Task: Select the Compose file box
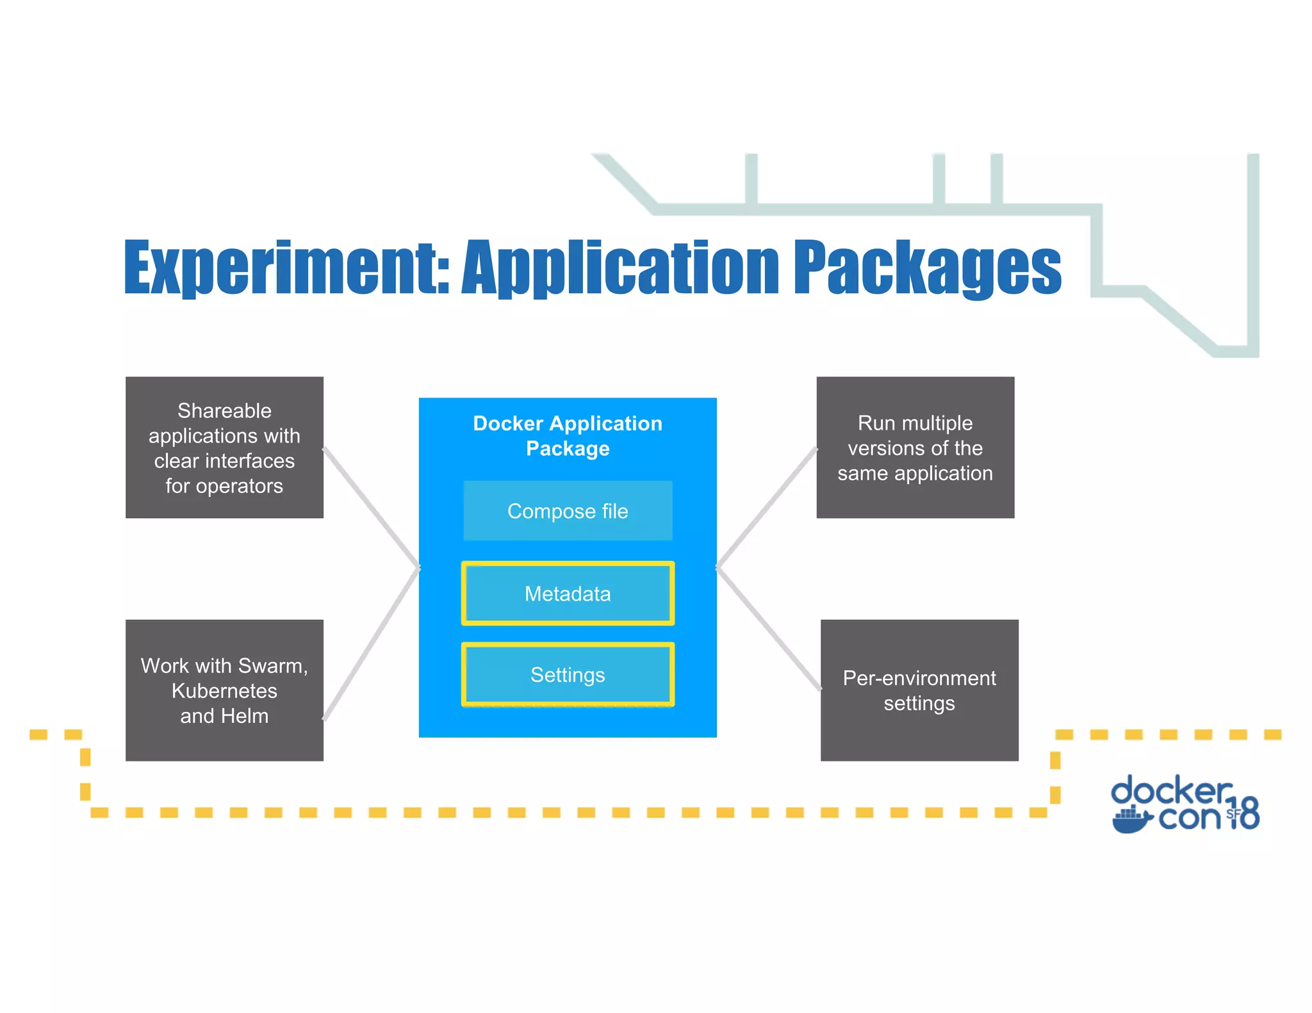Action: point(568,511)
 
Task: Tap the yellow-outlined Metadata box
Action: point(568,594)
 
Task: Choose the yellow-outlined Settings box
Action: point(568,675)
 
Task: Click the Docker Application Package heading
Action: point(568,435)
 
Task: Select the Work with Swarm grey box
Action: point(224,690)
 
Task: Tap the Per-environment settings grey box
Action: point(919,690)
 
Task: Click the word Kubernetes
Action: point(224,691)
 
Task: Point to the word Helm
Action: point(244,716)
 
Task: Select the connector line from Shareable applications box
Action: point(372,507)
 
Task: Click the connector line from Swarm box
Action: point(372,644)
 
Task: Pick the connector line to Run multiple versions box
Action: point(767,507)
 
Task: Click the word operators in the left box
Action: point(239,487)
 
